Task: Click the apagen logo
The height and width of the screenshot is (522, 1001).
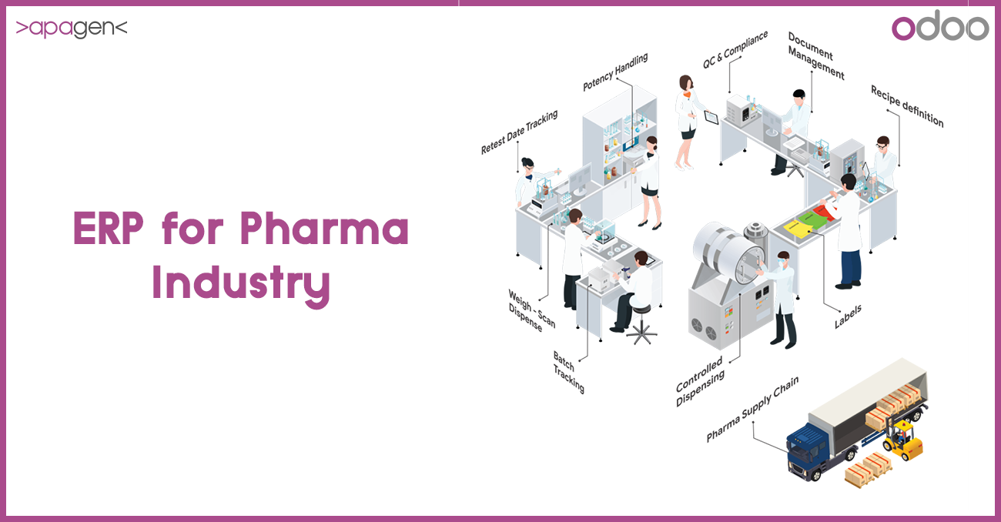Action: pyautogui.click(x=71, y=29)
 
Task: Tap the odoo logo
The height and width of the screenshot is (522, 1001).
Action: pyautogui.click(x=939, y=28)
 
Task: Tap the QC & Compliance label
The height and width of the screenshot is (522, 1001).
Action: pyautogui.click(x=735, y=49)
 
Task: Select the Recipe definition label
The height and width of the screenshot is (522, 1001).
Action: pyautogui.click(x=906, y=106)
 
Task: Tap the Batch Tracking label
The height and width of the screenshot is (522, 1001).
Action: pyautogui.click(x=568, y=371)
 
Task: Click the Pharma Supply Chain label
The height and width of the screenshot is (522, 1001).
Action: pyautogui.click(x=752, y=409)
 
